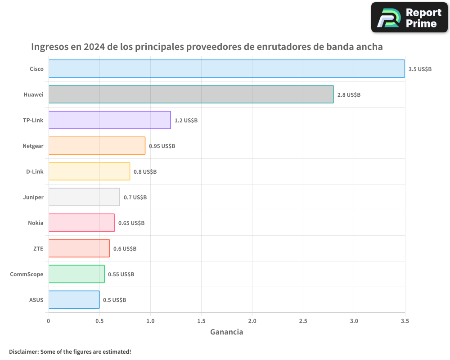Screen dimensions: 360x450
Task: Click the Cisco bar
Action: (x=226, y=68)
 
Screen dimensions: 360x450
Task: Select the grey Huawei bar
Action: (x=191, y=94)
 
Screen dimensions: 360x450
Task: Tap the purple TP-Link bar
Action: (x=109, y=120)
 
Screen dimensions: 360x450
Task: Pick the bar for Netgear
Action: (x=97, y=145)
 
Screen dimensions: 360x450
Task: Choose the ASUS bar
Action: (x=74, y=299)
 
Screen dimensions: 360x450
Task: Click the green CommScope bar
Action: (x=76, y=274)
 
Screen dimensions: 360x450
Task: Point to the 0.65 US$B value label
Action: (x=131, y=223)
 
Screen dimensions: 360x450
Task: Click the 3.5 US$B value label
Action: (x=420, y=69)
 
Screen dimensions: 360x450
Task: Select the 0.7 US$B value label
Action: (x=135, y=197)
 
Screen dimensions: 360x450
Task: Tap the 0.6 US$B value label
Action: (x=125, y=248)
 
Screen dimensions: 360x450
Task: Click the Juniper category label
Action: (x=33, y=197)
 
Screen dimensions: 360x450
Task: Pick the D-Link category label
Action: (x=35, y=171)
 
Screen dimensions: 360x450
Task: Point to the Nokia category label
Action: (x=36, y=223)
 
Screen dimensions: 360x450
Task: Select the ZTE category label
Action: (x=38, y=248)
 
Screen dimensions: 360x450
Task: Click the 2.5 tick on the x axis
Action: (x=303, y=321)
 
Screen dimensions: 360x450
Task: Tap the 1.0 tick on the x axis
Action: (x=150, y=321)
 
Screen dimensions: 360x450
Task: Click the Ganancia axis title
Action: (x=227, y=332)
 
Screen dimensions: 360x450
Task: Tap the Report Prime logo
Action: (x=409, y=18)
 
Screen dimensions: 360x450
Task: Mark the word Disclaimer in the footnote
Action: (x=23, y=351)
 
